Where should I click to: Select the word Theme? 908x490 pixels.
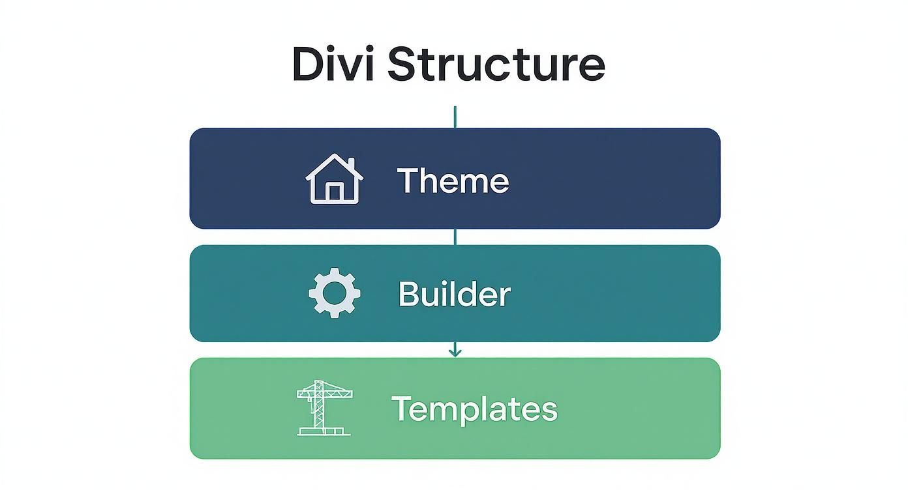coord(453,180)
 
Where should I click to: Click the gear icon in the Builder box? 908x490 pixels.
coord(334,293)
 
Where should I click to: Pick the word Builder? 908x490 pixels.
coord(454,294)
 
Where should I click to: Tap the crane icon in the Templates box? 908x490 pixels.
coord(323,408)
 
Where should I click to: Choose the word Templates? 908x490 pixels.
coord(474,409)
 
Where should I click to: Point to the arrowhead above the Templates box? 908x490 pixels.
coord(455,353)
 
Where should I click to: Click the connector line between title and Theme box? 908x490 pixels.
coord(455,117)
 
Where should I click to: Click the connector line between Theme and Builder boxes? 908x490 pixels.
coord(455,237)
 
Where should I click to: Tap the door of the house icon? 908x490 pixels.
coord(334,192)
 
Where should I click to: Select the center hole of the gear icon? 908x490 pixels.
coord(334,293)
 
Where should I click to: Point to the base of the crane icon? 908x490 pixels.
coord(324,432)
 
